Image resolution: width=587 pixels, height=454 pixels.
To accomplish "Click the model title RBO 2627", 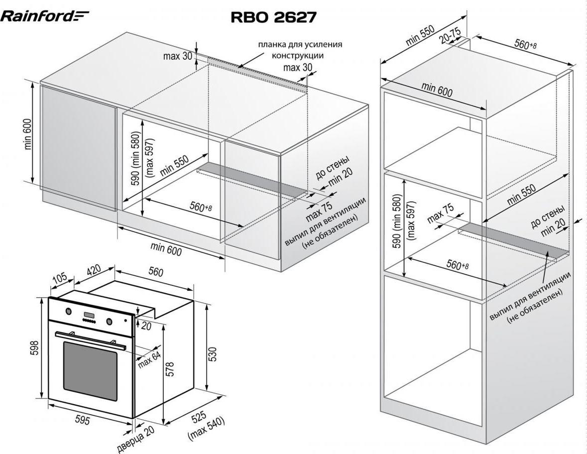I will pyautogui.click(x=273, y=17).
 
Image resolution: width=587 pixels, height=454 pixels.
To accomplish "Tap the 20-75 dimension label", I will pyautogui.click(x=450, y=35).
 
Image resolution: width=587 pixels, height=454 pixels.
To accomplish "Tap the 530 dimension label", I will pyautogui.click(x=213, y=354).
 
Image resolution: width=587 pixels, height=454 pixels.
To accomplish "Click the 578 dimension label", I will pyautogui.click(x=169, y=369).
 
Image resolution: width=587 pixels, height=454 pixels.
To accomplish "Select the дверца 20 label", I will pyautogui.click(x=135, y=438).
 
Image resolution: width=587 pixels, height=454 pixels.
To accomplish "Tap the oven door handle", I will pyautogui.click(x=90, y=338).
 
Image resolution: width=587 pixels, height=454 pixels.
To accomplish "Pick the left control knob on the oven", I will pyautogui.click(x=68, y=312).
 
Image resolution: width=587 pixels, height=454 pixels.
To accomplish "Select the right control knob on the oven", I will pyautogui.click(x=108, y=321).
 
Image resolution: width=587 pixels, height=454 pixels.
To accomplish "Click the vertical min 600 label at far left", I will pyautogui.click(x=27, y=134).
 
